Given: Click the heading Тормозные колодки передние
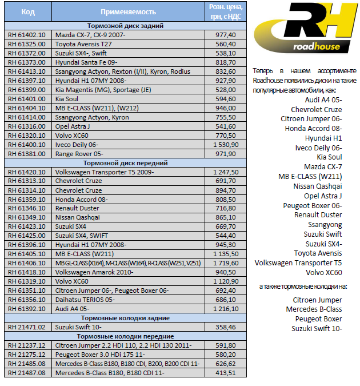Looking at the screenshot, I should [126, 336].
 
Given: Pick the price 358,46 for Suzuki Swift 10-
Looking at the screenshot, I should [226, 327].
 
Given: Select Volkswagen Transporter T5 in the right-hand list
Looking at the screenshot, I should [298, 263].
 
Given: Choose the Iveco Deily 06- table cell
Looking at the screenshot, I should [77, 145].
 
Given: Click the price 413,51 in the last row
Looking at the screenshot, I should [226, 373].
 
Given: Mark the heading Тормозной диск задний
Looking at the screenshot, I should [126, 26].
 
